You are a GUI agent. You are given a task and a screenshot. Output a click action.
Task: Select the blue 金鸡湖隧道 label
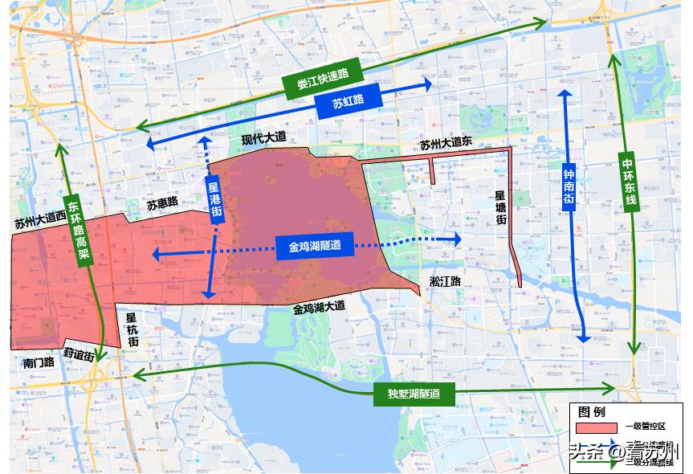click(316, 247)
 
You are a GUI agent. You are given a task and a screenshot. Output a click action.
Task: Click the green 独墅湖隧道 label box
click(414, 394)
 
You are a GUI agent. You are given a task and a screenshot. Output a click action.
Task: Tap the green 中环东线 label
click(629, 181)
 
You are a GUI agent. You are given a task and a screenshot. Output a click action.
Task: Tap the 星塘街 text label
click(499, 207)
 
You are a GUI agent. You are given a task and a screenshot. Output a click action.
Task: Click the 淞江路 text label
click(444, 281)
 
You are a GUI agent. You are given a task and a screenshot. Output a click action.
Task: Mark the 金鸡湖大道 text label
click(319, 307)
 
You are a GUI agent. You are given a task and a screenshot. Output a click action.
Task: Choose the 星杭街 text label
click(132, 329)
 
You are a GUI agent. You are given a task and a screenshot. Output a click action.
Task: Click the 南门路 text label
click(39, 362)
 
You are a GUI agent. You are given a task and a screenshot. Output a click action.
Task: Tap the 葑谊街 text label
click(79, 353)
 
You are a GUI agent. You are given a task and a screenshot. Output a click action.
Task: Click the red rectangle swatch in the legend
click(595, 427)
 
